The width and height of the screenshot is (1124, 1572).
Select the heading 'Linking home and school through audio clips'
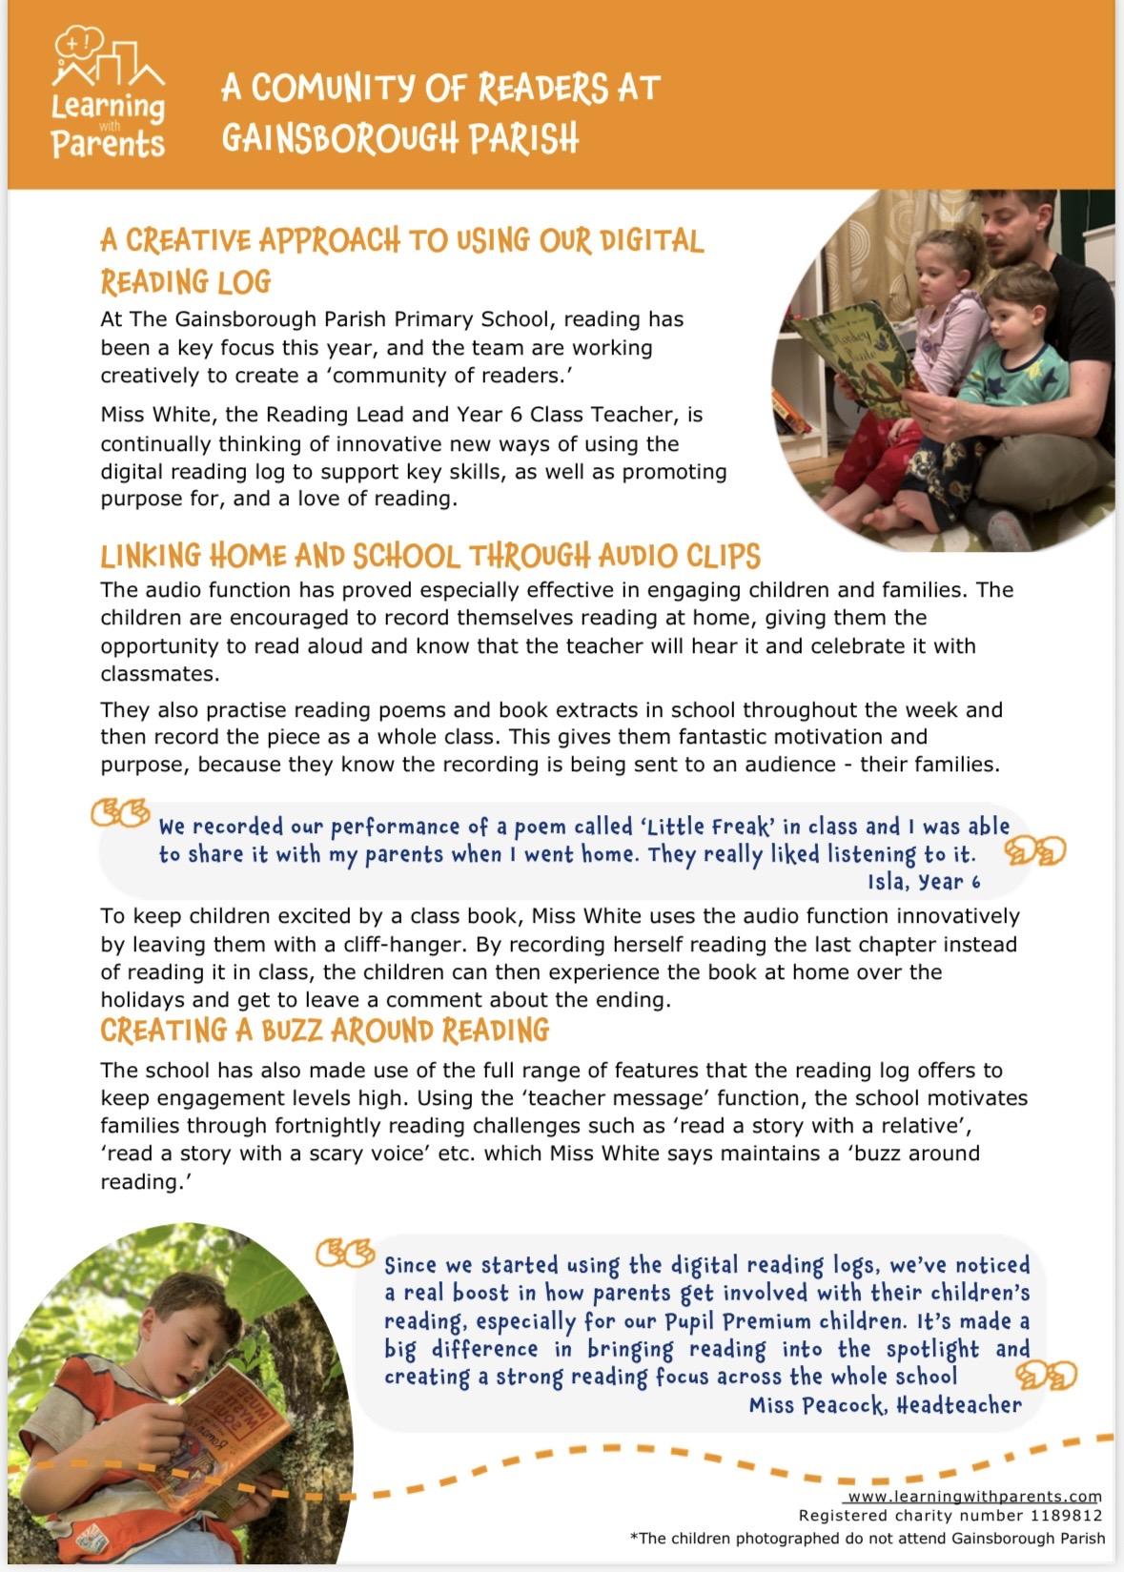[430, 555]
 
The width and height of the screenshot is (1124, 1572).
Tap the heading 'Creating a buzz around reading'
[324, 1031]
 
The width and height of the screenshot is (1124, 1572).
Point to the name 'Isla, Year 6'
[923, 882]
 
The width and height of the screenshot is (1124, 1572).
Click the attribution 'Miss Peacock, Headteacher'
[885, 1404]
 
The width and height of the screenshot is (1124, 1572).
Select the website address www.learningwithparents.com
[974, 1497]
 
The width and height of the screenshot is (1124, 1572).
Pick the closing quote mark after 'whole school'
[1046, 1375]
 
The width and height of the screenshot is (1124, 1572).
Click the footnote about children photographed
[868, 1538]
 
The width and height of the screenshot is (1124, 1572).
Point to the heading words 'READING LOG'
[186, 281]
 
